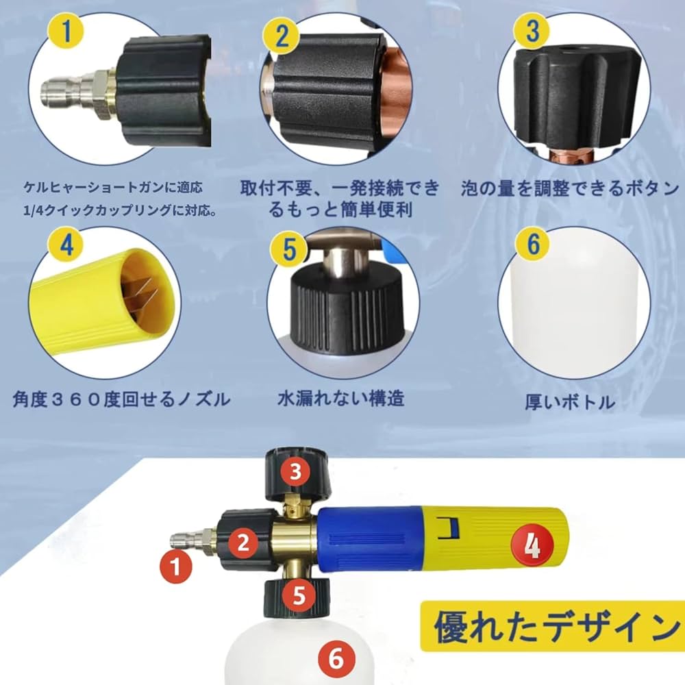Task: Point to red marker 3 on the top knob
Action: coord(295,471)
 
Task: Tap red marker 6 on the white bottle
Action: coord(336,659)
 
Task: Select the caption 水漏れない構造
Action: coord(340,399)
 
